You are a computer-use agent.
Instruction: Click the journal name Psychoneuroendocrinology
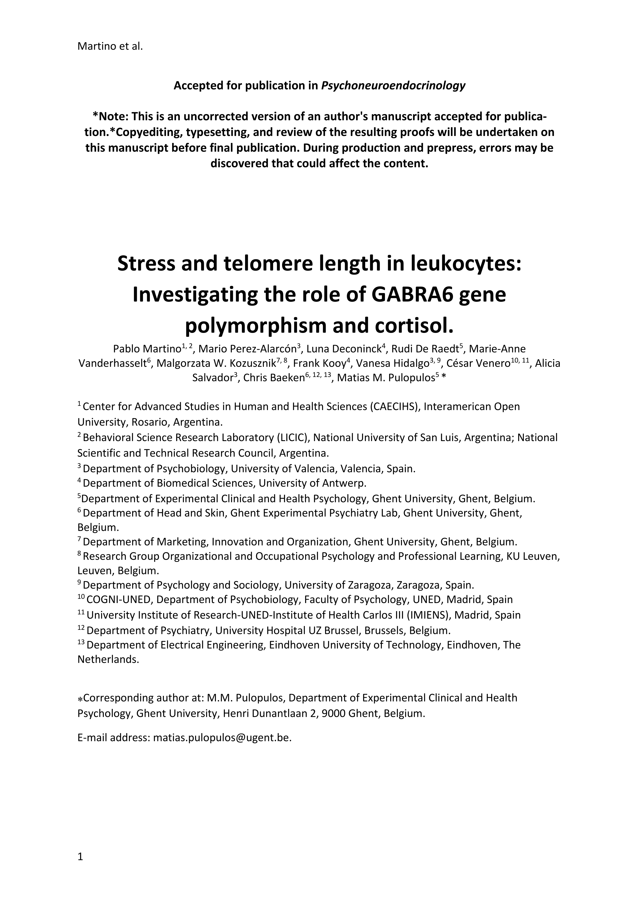point(393,86)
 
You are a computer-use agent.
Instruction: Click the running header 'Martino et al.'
point(110,46)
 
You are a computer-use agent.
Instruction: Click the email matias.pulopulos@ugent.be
point(222,738)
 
